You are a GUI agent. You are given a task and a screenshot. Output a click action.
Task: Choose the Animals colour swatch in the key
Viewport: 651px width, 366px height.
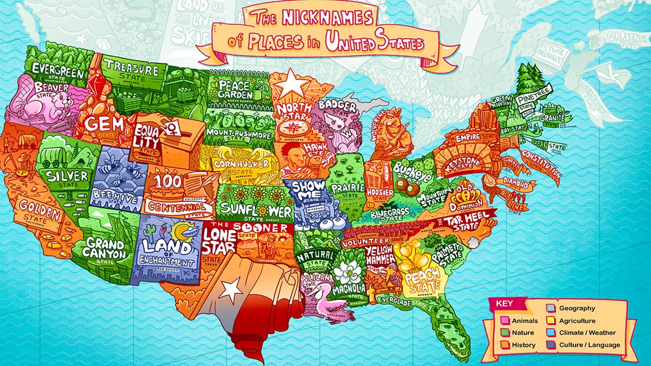pos(505,320)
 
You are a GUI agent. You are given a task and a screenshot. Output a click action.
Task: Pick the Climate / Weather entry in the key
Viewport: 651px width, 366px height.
pos(587,333)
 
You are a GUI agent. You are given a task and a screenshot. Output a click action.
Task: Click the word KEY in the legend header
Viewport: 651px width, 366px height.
pos(504,304)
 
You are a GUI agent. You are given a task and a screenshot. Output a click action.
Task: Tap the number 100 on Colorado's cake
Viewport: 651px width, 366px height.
pos(167,181)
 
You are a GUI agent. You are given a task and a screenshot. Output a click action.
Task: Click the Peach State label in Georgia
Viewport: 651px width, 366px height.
pos(422,280)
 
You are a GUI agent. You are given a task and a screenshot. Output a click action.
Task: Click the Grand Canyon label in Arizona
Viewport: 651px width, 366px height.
pos(105,248)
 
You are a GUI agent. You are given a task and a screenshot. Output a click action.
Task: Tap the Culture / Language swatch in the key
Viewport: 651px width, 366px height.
pos(552,345)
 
